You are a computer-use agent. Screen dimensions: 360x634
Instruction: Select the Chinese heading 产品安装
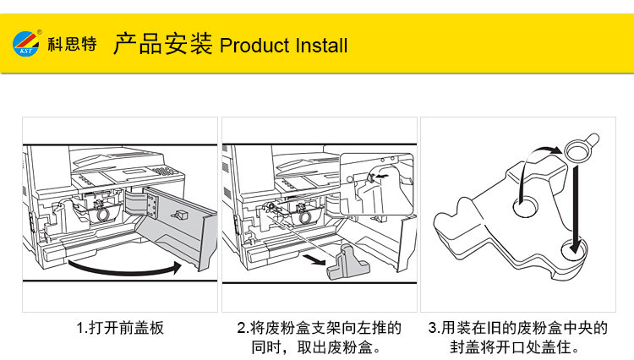click(162, 44)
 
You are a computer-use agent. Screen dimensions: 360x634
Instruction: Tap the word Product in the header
click(252, 45)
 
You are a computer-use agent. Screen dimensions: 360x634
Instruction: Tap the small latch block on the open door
click(180, 216)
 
